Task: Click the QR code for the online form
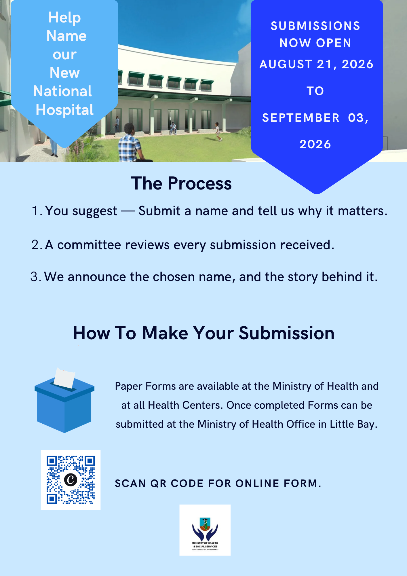point(71,480)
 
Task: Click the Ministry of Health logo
point(205,530)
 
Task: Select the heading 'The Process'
point(181,183)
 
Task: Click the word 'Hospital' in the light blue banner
point(65,110)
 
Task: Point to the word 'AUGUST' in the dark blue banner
point(286,64)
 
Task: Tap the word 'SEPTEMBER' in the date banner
point(301,118)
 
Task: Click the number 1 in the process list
point(35,211)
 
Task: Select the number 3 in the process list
point(34,277)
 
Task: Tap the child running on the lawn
point(218,132)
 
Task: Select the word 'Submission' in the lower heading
point(287,333)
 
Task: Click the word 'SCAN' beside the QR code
point(130,483)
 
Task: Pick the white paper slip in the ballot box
point(64,377)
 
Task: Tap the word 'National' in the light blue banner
point(62,91)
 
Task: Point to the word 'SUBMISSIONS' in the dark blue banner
point(315,26)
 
